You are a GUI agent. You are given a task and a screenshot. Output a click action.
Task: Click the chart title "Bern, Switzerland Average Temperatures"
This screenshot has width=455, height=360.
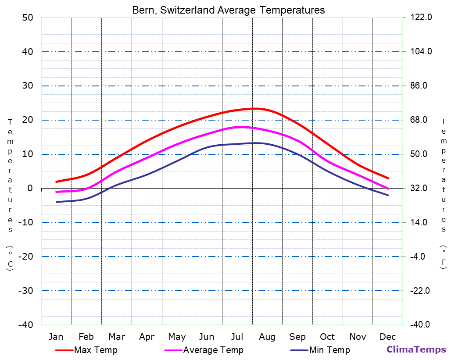[229, 10]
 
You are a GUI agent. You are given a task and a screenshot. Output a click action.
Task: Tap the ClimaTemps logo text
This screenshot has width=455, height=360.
[416, 349]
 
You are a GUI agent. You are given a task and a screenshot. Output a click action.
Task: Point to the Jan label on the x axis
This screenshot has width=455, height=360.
[56, 337]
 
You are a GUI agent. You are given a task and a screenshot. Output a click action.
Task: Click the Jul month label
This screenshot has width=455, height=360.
[237, 337]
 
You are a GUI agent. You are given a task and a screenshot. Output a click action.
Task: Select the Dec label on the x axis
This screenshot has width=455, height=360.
[388, 337]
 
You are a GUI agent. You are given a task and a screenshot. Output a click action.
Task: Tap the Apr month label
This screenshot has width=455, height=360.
[147, 337]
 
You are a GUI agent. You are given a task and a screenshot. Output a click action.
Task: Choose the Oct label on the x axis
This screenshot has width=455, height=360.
[327, 337]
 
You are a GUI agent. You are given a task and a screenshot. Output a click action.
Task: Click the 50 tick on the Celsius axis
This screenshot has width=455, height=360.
[28, 18]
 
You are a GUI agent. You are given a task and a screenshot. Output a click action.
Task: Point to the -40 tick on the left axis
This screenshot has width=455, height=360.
[25, 324]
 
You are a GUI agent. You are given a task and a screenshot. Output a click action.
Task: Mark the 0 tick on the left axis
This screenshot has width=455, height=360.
[30, 188]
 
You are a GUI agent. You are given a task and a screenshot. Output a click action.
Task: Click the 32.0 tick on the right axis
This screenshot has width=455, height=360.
[422, 188]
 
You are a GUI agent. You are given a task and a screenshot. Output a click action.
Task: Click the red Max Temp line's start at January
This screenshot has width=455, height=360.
[56, 182]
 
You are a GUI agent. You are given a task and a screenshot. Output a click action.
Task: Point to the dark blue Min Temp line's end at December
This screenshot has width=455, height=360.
[388, 195]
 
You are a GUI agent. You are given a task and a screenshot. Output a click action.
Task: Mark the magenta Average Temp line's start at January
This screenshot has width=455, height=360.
[56, 192]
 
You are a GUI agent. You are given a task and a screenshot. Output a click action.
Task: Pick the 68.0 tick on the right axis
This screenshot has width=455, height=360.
[422, 120]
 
